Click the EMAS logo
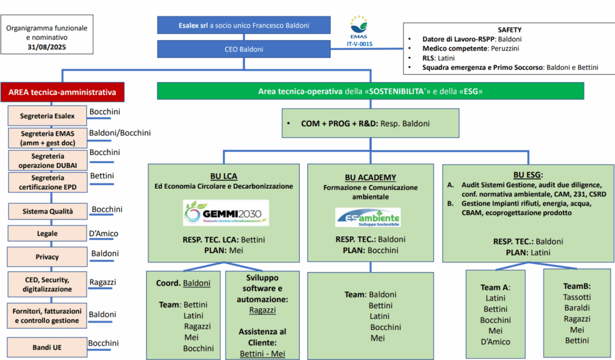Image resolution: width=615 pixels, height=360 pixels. click(x=359, y=31)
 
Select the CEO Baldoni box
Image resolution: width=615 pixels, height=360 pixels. click(x=244, y=49)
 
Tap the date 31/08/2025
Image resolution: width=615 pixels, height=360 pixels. click(x=47, y=47)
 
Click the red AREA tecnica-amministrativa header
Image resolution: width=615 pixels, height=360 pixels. click(x=62, y=93)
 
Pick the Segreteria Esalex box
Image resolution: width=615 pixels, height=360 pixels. click(x=47, y=116)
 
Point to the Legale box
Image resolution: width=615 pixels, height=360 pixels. click(x=47, y=234)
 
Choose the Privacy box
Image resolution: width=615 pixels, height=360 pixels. click(x=47, y=257)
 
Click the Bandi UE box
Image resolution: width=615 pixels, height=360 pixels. click(x=47, y=347)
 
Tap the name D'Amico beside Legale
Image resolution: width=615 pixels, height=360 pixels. click(x=103, y=234)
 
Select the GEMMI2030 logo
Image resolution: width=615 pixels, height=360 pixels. click(x=226, y=213)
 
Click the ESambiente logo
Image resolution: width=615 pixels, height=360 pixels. click(x=368, y=217)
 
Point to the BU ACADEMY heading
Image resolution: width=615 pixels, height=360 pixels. click(x=371, y=177)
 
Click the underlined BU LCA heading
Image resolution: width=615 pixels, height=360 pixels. click(x=223, y=176)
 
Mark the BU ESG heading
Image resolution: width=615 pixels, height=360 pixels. click(x=528, y=175)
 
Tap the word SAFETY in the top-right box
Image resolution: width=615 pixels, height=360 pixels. click(x=509, y=30)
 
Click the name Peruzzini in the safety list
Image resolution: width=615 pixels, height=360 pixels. click(x=504, y=48)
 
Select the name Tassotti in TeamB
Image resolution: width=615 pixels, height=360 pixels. click(x=577, y=297)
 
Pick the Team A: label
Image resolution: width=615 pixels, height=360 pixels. click(x=495, y=287)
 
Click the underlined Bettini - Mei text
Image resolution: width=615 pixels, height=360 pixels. click(x=262, y=354)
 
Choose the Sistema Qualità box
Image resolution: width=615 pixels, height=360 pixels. click(x=47, y=211)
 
